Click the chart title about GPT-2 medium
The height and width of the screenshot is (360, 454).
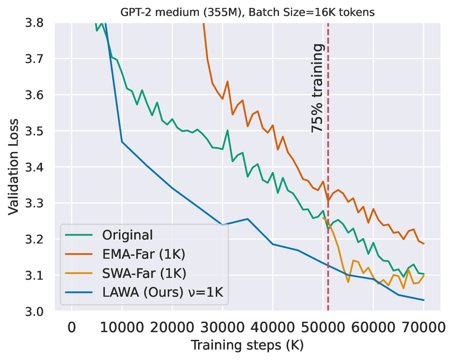247,13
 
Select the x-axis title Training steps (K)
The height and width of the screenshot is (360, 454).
247,346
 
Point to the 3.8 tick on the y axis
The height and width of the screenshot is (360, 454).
37,23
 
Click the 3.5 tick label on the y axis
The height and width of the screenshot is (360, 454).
37,131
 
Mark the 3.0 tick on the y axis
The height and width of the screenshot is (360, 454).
37,311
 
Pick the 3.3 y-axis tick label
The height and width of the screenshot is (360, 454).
37,203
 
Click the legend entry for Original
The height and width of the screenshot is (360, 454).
128,235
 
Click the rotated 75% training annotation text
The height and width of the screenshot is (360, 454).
317,88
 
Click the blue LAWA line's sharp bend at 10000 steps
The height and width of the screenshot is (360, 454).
122,142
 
